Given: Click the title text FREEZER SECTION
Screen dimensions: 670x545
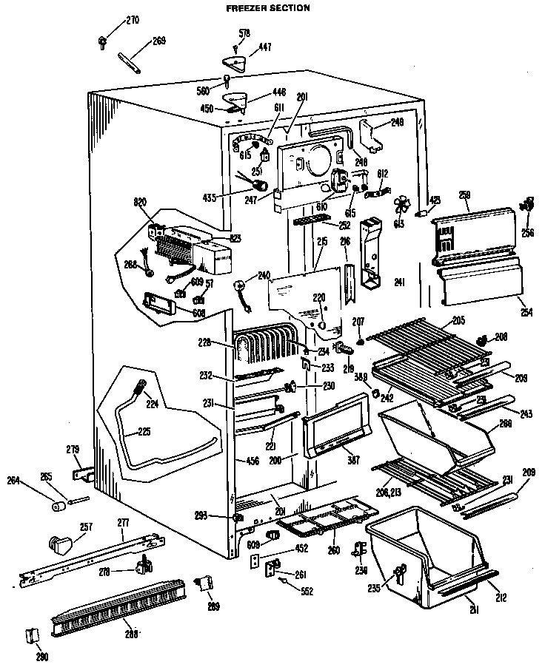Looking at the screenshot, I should point(258,8).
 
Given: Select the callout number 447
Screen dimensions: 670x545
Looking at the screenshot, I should point(264,47).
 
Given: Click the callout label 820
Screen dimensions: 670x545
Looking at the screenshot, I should point(142,201).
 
